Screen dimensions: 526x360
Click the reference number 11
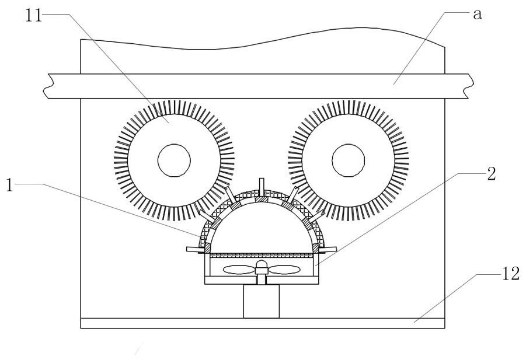(x=33, y=13)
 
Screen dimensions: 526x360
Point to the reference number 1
(x=10, y=184)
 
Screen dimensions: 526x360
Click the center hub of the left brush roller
(x=174, y=159)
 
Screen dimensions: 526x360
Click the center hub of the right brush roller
(x=349, y=159)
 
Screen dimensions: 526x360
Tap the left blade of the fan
(x=239, y=270)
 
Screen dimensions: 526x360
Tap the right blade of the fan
(x=286, y=270)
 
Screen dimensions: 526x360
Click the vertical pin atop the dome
(x=262, y=184)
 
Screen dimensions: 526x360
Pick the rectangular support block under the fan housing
(x=262, y=301)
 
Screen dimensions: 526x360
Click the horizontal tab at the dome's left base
(x=193, y=249)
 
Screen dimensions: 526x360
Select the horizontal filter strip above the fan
(x=262, y=256)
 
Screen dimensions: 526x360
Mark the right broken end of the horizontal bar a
(x=467, y=86)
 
